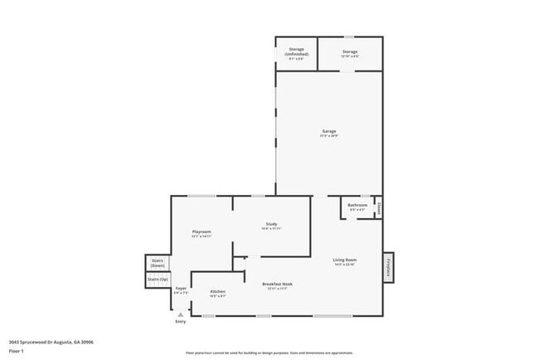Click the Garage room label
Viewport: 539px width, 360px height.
click(x=329, y=131)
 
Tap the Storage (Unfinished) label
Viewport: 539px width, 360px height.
click(x=296, y=52)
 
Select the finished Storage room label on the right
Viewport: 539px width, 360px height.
click(x=351, y=52)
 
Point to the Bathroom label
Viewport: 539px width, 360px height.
click(x=357, y=205)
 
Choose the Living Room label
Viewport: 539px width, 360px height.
click(x=344, y=260)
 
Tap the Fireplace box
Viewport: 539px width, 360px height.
click(x=388, y=268)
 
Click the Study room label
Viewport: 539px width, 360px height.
click(x=270, y=224)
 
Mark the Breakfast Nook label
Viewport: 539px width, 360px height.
click(x=276, y=284)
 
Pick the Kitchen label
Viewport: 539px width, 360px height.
click(x=218, y=292)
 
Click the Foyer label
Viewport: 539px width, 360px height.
click(x=181, y=289)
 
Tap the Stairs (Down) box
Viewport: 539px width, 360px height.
click(x=158, y=263)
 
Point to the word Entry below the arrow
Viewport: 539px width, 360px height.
click(x=181, y=322)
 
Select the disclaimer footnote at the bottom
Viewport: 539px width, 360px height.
click(x=269, y=352)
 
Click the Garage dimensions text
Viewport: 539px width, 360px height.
click(x=329, y=135)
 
